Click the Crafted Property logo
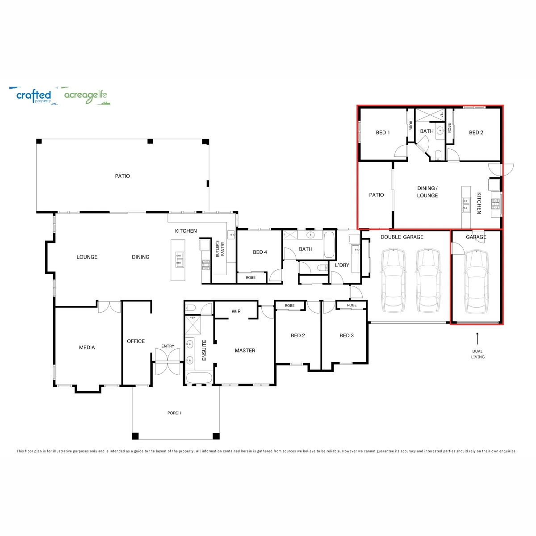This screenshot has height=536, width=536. click(x=34, y=96)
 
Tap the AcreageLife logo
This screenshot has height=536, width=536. click(x=87, y=96)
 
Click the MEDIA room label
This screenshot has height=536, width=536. click(x=87, y=348)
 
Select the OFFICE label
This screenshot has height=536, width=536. click(x=136, y=341)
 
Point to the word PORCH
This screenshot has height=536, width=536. click(x=174, y=413)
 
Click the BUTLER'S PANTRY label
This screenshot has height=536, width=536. click(x=220, y=249)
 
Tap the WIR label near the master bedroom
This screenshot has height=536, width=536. click(x=236, y=311)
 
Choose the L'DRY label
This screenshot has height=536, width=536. click(x=342, y=265)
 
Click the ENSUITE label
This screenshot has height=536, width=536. click(x=204, y=350)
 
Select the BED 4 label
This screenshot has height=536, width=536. click(x=260, y=252)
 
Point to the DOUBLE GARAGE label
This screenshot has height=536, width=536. click(x=402, y=237)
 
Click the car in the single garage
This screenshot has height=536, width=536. click(x=476, y=281)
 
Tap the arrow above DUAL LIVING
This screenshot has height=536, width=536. click(x=477, y=339)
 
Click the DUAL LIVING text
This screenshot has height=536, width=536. click(x=477, y=354)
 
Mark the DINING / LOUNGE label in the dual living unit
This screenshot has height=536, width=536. click(x=427, y=192)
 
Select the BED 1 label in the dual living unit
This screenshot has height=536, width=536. click(x=383, y=132)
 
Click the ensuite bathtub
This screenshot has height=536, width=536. click(x=199, y=378)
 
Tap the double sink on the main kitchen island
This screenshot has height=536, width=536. click(x=180, y=259)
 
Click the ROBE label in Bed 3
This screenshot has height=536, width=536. click(x=352, y=305)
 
